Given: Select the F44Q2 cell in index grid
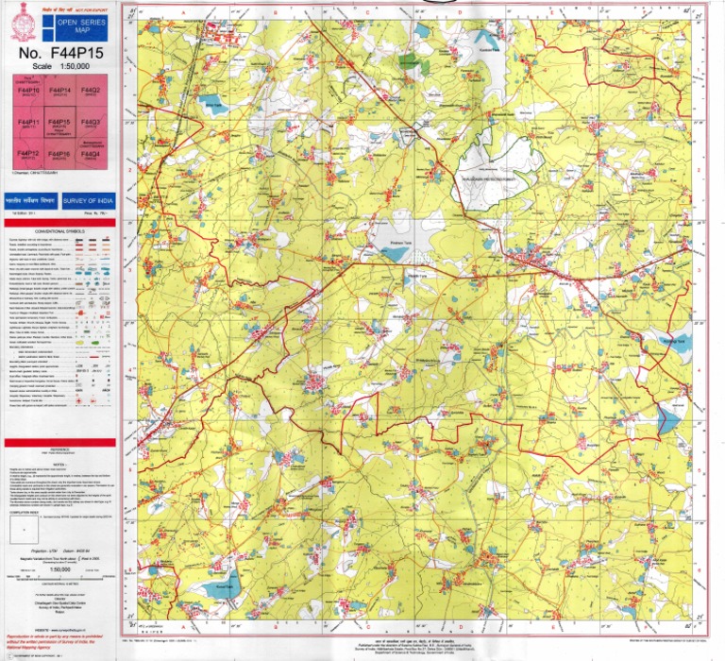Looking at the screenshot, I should pos(91,93).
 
